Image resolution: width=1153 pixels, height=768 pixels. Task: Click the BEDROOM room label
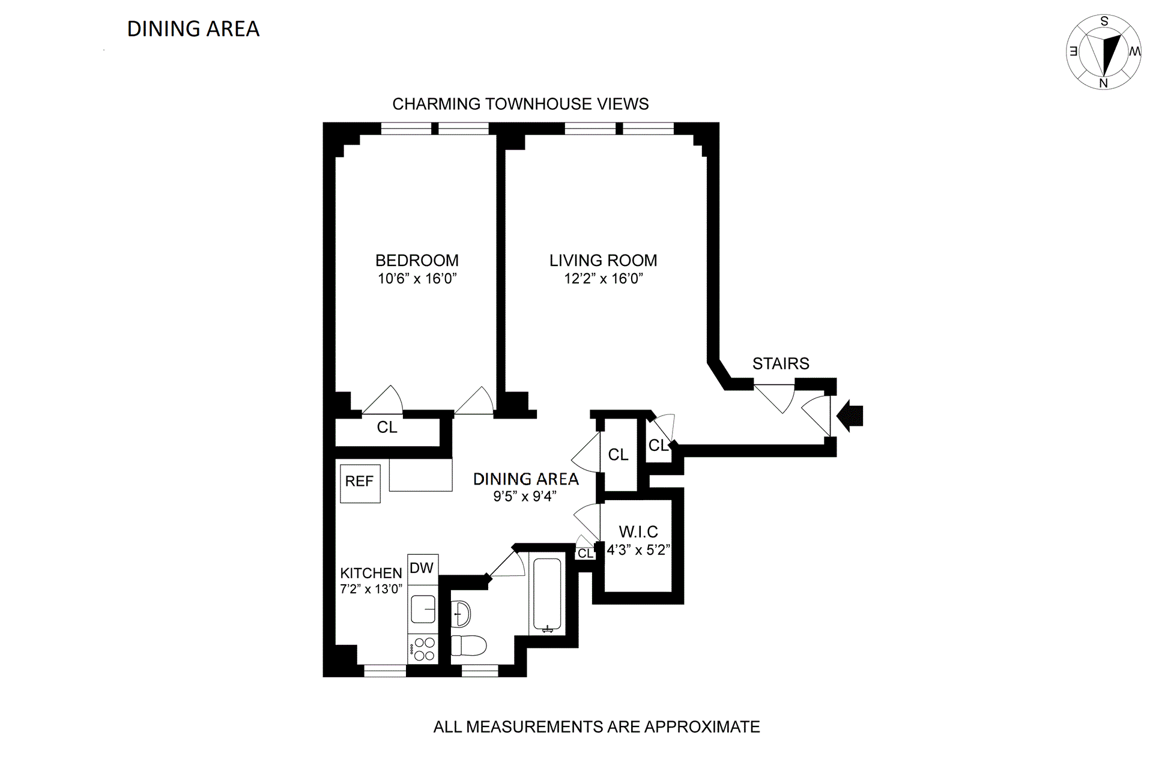tap(417, 260)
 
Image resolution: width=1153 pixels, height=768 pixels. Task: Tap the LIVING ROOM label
tap(603, 260)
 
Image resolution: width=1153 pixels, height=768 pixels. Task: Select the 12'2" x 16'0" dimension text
tap(603, 279)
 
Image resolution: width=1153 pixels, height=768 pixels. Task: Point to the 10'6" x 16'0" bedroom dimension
tap(417, 279)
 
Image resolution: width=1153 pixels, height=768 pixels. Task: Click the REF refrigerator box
tap(360, 482)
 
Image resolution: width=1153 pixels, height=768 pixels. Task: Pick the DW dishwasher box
tap(422, 568)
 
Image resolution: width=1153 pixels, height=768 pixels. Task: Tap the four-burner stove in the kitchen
tap(423, 649)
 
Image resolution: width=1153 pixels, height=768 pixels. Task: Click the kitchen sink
tap(423, 609)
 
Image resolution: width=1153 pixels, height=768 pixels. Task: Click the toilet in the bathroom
tap(468, 646)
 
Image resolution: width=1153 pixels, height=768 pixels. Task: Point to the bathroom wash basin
tap(461, 614)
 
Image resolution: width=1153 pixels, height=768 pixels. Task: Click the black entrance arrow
tap(850, 416)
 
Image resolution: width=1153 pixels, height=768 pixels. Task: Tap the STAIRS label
tap(781, 363)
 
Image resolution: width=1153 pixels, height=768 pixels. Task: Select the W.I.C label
tap(638, 531)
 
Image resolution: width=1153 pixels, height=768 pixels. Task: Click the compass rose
tap(1104, 52)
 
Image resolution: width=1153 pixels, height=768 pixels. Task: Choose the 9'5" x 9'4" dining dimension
tap(525, 496)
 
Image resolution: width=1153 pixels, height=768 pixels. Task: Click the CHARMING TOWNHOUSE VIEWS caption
tap(520, 104)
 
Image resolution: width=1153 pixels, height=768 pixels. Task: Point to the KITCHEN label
tap(371, 573)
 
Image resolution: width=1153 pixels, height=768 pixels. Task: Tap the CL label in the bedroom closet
tap(387, 427)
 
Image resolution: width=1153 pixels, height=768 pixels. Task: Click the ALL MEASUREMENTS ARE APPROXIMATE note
tap(596, 727)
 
